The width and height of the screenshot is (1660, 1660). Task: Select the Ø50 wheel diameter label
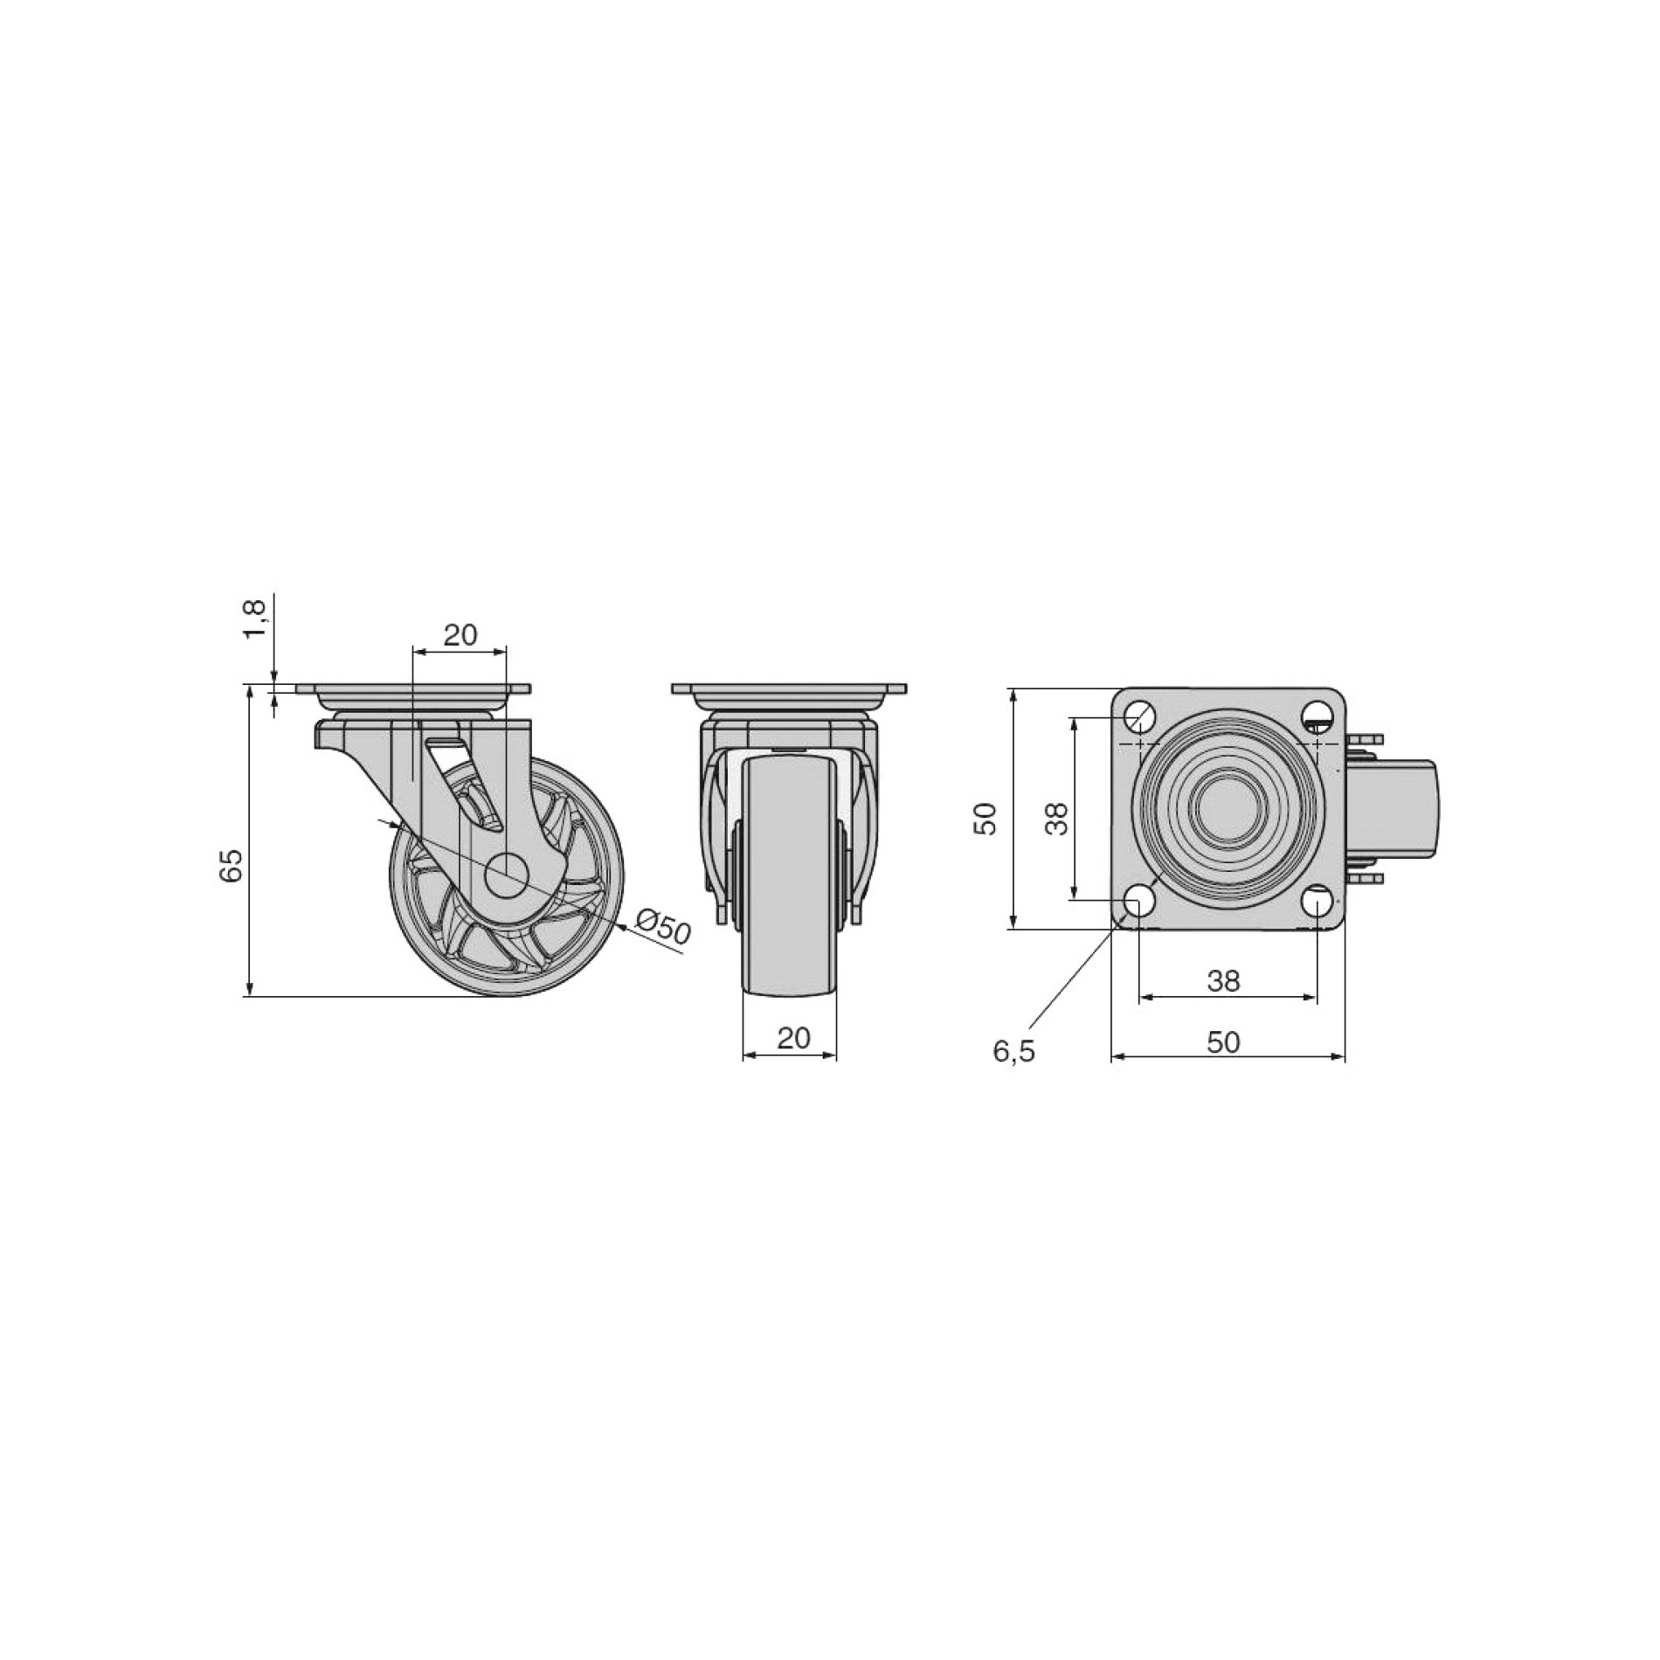pyautogui.click(x=663, y=928)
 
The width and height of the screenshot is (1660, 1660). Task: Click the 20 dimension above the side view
pyautogui.click(x=460, y=634)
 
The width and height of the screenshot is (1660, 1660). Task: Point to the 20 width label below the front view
pyautogui.click(x=793, y=1038)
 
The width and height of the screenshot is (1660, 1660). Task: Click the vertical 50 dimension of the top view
pyautogui.click(x=986, y=820)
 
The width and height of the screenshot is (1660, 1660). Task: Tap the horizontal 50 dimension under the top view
pyautogui.click(x=1223, y=1042)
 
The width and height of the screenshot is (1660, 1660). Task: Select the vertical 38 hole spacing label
pyautogui.click(x=1058, y=820)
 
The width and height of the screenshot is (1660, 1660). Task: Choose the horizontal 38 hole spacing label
pyautogui.click(x=1223, y=981)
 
